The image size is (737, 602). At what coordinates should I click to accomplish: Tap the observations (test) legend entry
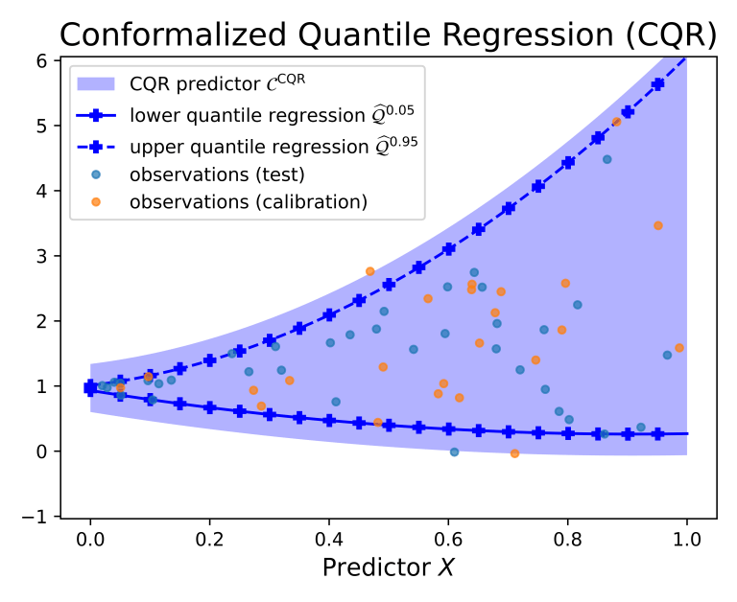[x=217, y=174]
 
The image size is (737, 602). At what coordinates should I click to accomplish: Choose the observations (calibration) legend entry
[x=248, y=202]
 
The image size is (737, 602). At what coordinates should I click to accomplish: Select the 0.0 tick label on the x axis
[x=90, y=535]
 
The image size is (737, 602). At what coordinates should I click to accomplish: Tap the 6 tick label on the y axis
[x=42, y=59]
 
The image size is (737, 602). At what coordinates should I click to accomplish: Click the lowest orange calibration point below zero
[x=514, y=453]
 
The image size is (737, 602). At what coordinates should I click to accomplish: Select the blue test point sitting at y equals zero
[x=454, y=451]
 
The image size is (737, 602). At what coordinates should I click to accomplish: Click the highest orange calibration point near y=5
[x=616, y=122]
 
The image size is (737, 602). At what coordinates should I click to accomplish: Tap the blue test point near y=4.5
[x=606, y=159]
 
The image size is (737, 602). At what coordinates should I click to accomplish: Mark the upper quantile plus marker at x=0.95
[x=657, y=84]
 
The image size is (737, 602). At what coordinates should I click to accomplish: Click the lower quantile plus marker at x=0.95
[x=657, y=434]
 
